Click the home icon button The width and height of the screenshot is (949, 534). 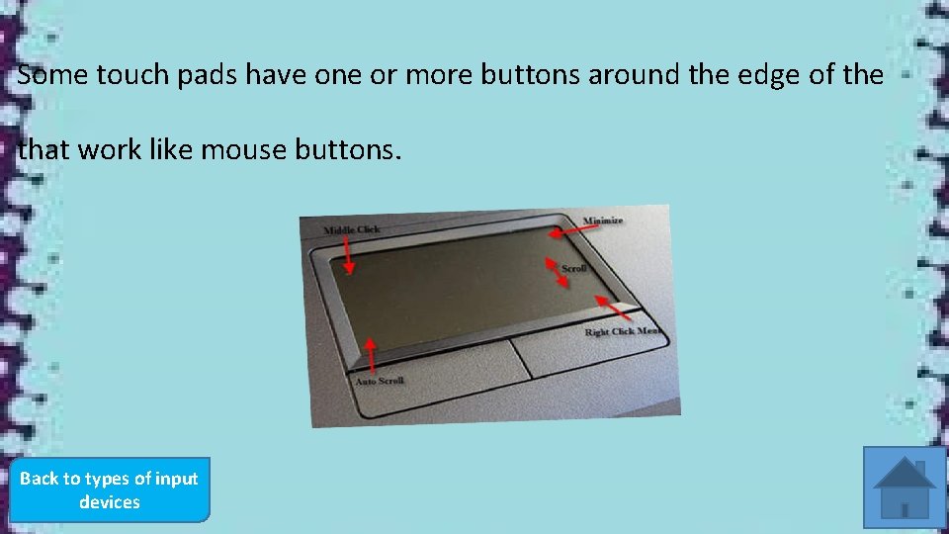coord(905,488)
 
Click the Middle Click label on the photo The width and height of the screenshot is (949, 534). coord(351,230)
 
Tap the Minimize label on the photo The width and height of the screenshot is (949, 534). coord(603,221)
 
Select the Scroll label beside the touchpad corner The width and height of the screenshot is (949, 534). coord(574,268)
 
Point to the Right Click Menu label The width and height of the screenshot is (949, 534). coord(623,331)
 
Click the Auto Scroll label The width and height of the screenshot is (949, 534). coord(380,381)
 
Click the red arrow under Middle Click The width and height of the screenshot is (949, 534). coord(348,254)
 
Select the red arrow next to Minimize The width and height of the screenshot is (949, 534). coord(570,229)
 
